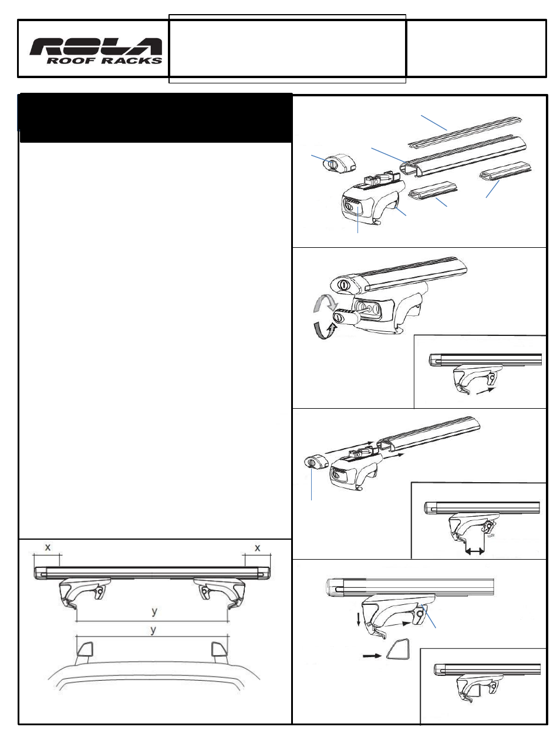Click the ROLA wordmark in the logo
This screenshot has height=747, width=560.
(96, 46)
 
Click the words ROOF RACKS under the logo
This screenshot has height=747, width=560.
(104, 61)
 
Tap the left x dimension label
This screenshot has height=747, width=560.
(48, 547)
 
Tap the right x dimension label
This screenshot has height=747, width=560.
(257, 547)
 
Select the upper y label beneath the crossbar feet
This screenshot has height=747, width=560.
(155, 611)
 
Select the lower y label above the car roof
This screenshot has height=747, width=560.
(153, 630)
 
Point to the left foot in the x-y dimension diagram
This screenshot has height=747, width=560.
(85, 593)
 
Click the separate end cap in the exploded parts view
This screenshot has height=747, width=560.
(339, 163)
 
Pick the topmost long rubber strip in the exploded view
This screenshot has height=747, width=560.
(464, 133)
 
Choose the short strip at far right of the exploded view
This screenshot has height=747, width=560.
(505, 171)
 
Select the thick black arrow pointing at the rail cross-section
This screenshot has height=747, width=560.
(372, 655)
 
